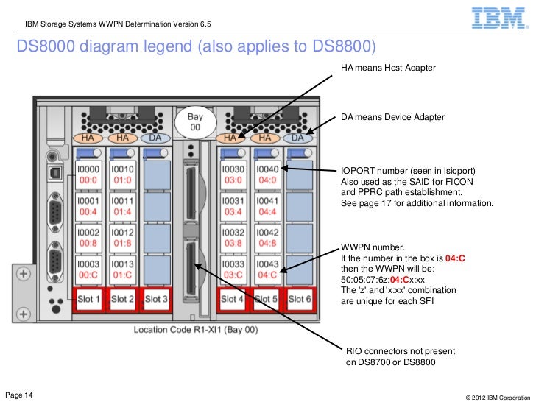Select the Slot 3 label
coord(155,299)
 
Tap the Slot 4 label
coord(232,299)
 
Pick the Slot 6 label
coord(300,299)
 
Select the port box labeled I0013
coord(121,269)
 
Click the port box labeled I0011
coord(121,205)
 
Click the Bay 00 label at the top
coord(194,121)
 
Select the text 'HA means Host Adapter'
coord(388,68)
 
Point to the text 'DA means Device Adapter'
coord(392,118)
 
